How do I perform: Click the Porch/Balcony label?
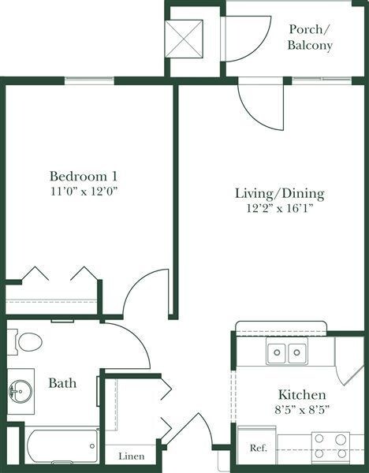[x=310, y=37]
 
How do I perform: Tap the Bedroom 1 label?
[x=84, y=176]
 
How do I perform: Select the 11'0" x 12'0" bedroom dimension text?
[x=84, y=191]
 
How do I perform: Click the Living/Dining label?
[x=280, y=194]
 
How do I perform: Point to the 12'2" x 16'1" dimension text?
[x=280, y=209]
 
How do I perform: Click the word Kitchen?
[x=302, y=394]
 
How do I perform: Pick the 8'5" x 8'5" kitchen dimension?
[x=302, y=409]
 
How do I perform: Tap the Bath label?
[x=62, y=384]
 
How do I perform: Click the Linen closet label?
[x=131, y=456]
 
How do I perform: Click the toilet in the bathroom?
[x=28, y=342]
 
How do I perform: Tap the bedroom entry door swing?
[x=148, y=292]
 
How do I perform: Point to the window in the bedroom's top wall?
[x=89, y=80]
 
